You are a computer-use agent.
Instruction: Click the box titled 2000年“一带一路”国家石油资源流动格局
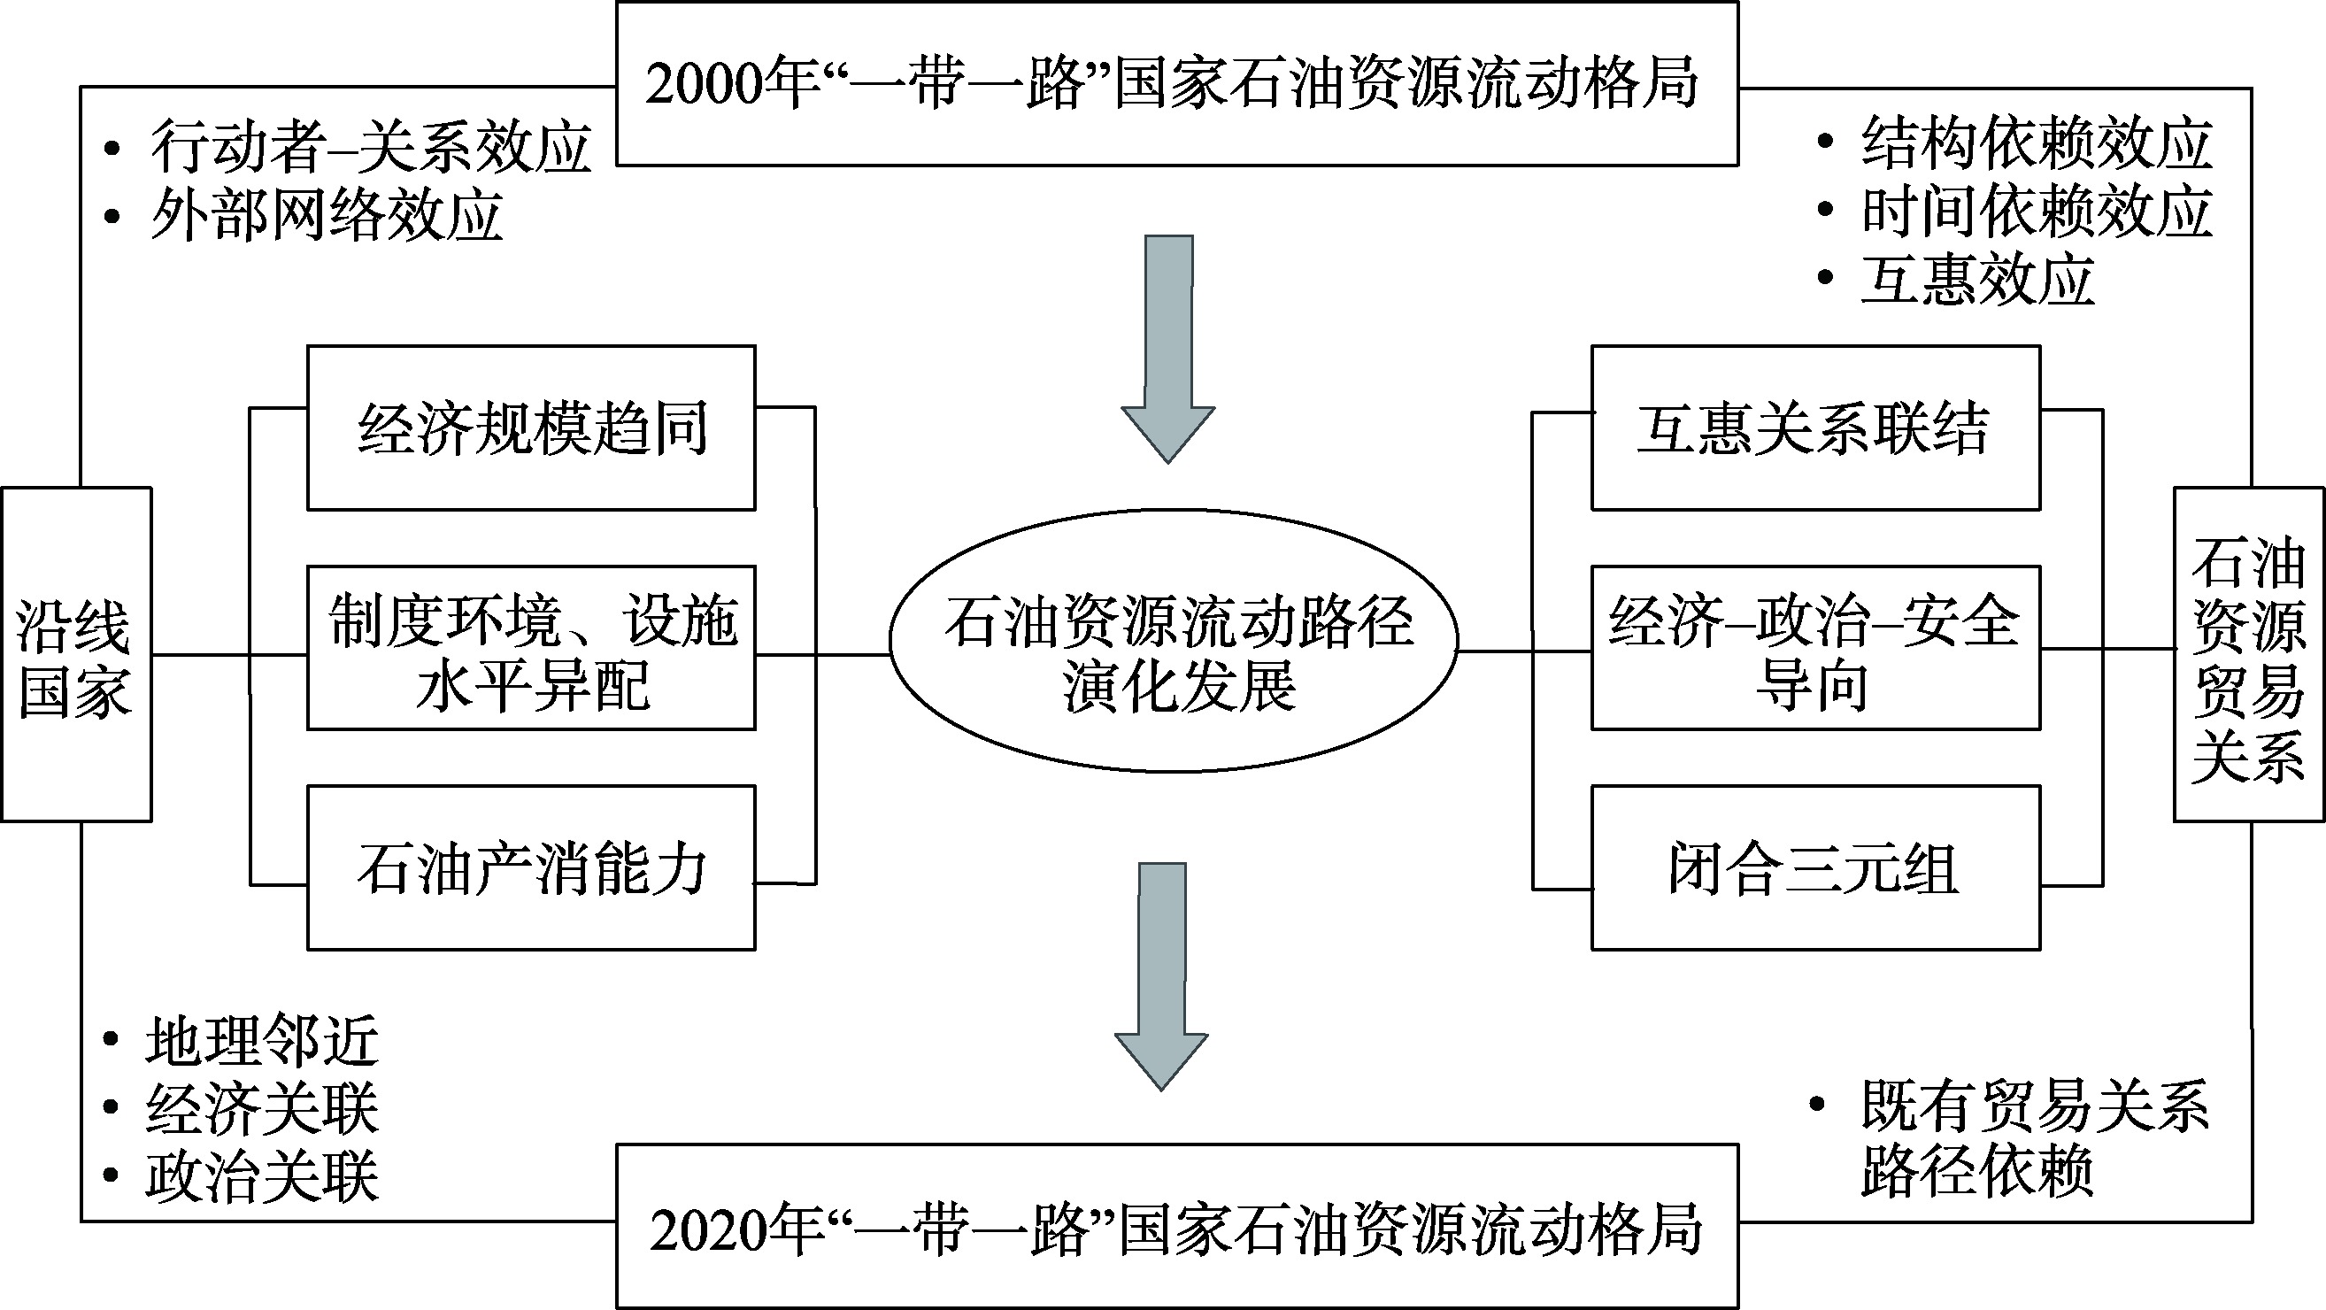pyautogui.click(x=1176, y=83)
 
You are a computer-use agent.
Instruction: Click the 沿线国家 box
pyautogui.click(x=76, y=654)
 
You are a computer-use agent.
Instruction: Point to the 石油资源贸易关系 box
pyautogui.click(x=2248, y=654)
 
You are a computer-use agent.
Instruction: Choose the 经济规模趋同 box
pyautogui.click(x=531, y=428)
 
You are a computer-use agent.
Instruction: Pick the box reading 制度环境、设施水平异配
pyautogui.click(x=531, y=648)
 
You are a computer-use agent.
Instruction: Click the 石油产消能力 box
pyautogui.click(x=531, y=868)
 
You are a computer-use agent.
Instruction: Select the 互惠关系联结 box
pyautogui.click(x=1815, y=428)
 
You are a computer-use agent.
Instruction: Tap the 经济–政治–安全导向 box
pyautogui.click(x=1815, y=648)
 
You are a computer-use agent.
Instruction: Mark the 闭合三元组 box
pyautogui.click(x=1815, y=868)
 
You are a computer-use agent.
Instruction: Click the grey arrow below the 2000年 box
pyautogui.click(x=1168, y=349)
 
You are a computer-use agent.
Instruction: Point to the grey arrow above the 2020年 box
pyautogui.click(x=1162, y=976)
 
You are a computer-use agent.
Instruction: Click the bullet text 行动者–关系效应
pyautogui.click(x=370, y=146)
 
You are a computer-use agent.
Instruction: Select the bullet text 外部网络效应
pyautogui.click(x=325, y=215)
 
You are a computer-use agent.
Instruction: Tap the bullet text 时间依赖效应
pyautogui.click(x=2037, y=212)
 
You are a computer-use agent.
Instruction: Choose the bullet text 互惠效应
pyautogui.click(x=1977, y=279)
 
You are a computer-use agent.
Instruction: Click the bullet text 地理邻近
pyautogui.click(x=262, y=1041)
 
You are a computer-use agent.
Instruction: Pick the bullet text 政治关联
pyautogui.click(x=262, y=1176)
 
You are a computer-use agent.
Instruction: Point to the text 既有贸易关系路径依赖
pyautogui.click(x=2031, y=1137)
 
